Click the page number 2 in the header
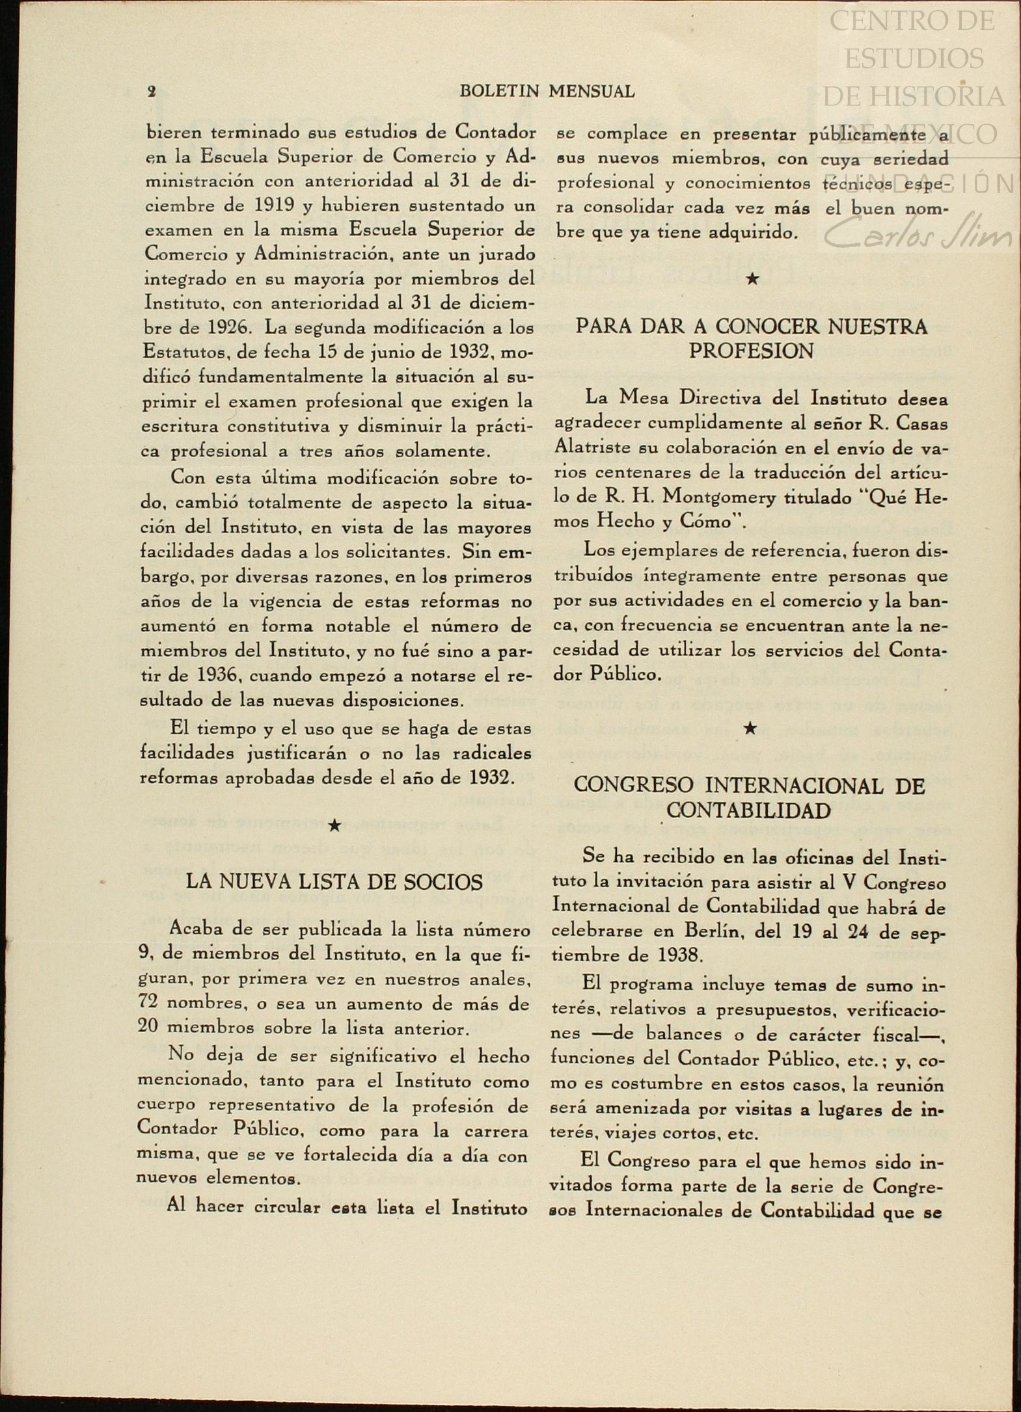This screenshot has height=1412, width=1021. click(x=152, y=92)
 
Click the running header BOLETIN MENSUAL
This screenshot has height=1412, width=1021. click(x=547, y=92)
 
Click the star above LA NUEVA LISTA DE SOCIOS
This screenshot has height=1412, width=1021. click(x=334, y=825)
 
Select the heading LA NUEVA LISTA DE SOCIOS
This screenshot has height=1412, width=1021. click(x=334, y=882)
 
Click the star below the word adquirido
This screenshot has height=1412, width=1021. click(x=752, y=279)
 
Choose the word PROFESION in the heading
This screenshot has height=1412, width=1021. click(x=751, y=352)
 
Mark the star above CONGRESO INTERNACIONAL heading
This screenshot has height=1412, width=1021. click(x=750, y=728)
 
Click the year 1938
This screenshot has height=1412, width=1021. click(x=679, y=955)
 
